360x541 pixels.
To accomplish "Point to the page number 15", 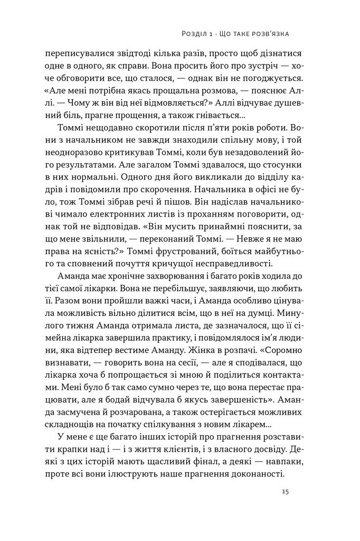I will (285, 491).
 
